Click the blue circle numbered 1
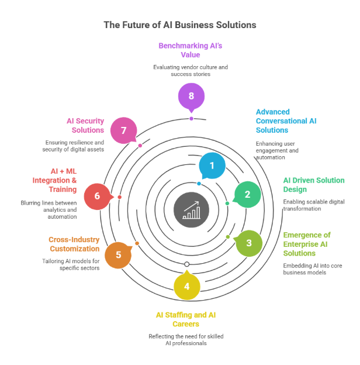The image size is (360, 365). [212, 166]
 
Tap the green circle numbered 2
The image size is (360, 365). [247, 194]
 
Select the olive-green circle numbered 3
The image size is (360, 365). [248, 243]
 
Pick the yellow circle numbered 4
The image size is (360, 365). [187, 286]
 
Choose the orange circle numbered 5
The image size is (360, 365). [119, 254]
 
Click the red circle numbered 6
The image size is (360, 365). [97, 196]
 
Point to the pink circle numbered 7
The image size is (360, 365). [124, 130]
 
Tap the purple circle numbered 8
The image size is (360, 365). [191, 97]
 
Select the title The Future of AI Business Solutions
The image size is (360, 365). [179, 25]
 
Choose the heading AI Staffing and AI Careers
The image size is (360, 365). [186, 319]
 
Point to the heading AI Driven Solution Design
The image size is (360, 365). [313, 185]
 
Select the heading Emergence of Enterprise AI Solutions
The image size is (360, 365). [307, 244]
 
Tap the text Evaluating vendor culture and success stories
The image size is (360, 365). [191, 71]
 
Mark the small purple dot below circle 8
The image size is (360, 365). [191, 118]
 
